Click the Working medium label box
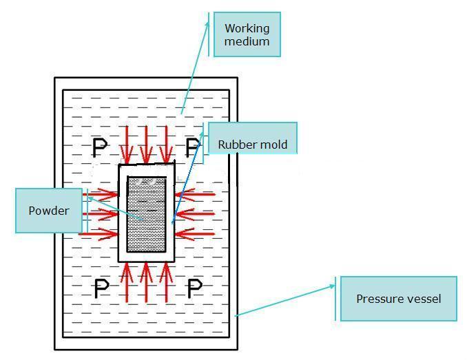[x=247, y=34]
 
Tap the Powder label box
[x=49, y=211]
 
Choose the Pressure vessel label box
[x=398, y=299]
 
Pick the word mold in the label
[x=273, y=145]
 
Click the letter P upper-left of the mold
[x=100, y=147]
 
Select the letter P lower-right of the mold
[x=195, y=288]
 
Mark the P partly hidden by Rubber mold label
[x=193, y=147]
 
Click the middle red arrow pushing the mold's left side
[x=101, y=215]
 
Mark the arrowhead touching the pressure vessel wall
[x=238, y=314]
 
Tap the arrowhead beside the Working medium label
[x=209, y=23]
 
